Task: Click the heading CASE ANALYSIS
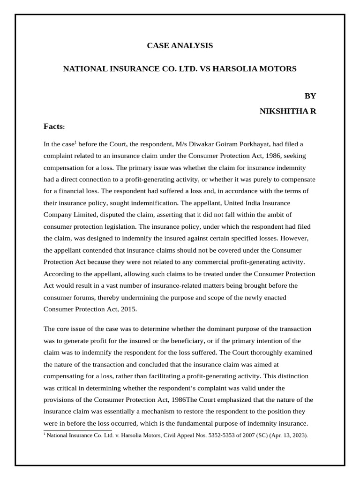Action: [180, 45]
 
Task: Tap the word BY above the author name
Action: [310, 96]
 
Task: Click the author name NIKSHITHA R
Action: [288, 111]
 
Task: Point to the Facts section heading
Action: [54, 127]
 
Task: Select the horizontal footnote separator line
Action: [77, 430]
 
